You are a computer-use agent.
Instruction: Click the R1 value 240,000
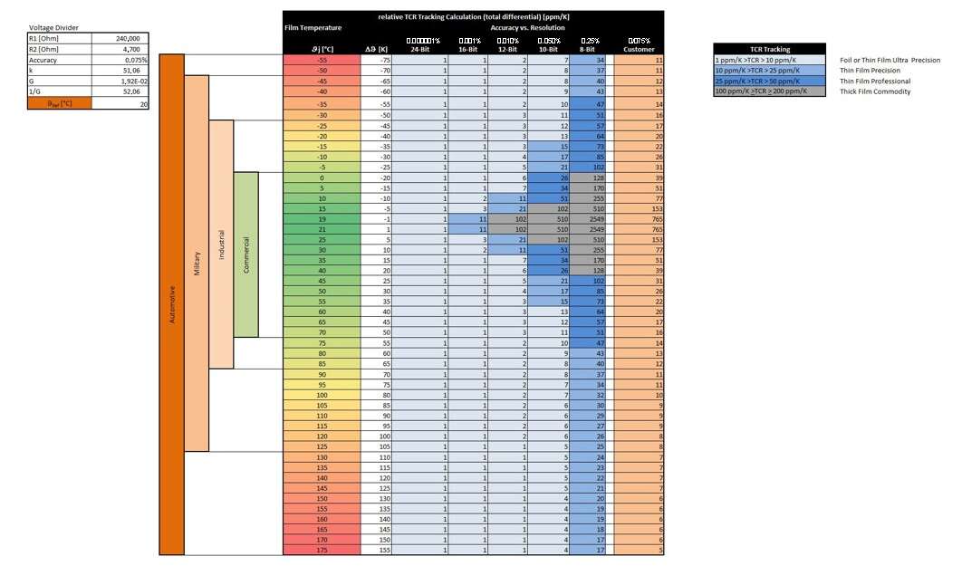click(128, 39)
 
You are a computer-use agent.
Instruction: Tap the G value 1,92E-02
click(128, 81)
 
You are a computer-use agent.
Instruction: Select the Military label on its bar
click(197, 262)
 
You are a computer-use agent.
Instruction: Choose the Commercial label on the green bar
click(245, 254)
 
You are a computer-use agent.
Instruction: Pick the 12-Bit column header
click(508, 49)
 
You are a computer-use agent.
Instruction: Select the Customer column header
click(639, 49)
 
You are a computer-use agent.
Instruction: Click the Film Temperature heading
click(313, 28)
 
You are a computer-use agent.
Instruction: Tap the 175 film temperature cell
click(321, 550)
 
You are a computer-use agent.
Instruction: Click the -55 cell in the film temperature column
click(321, 59)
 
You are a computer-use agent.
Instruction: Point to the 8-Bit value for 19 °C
click(592, 218)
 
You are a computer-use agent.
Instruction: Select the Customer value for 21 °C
click(639, 230)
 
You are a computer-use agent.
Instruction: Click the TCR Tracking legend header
click(770, 49)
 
